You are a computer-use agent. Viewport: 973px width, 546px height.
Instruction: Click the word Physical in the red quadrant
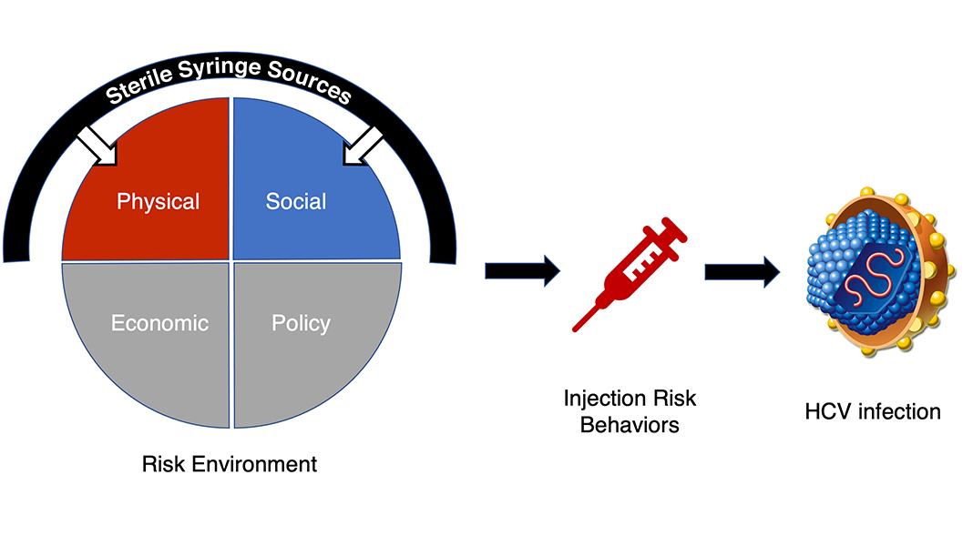pyautogui.click(x=159, y=202)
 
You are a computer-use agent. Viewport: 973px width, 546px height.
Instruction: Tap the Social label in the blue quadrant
pyautogui.click(x=296, y=201)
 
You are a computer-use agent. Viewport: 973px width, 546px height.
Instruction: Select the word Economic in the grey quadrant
pyautogui.click(x=159, y=323)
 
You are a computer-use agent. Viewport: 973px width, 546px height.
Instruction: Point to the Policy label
pyautogui.click(x=301, y=324)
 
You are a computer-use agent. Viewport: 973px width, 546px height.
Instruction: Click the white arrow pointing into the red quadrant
pyautogui.click(x=97, y=147)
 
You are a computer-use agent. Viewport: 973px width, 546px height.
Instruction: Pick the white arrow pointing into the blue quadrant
pyautogui.click(x=363, y=147)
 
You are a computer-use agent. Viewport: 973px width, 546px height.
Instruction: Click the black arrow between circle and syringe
pyautogui.click(x=523, y=271)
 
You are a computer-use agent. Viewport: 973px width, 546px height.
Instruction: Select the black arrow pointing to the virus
pyautogui.click(x=743, y=271)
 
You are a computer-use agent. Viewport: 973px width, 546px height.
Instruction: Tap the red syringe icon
pyautogui.click(x=630, y=274)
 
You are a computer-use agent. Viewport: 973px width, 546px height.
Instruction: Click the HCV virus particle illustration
pyautogui.click(x=881, y=271)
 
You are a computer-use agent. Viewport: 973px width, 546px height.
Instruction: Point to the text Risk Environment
pyautogui.click(x=229, y=464)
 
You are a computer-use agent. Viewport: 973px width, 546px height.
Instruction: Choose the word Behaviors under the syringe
pyautogui.click(x=630, y=425)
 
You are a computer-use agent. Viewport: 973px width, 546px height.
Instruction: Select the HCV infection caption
pyautogui.click(x=873, y=411)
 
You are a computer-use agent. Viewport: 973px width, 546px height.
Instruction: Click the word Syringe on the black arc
pyautogui.click(x=220, y=69)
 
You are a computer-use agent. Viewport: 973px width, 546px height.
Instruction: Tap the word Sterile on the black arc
pyautogui.click(x=139, y=86)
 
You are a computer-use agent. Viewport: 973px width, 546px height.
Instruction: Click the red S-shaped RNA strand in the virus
pyautogui.click(x=873, y=271)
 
